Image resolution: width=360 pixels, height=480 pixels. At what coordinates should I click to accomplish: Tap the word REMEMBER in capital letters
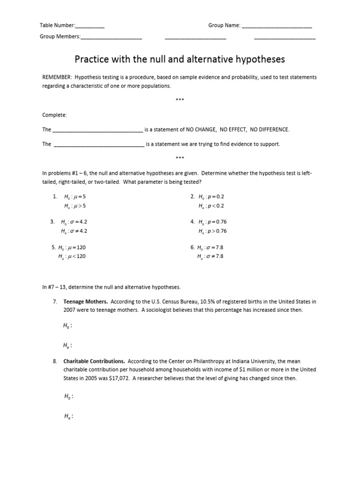pos(57,77)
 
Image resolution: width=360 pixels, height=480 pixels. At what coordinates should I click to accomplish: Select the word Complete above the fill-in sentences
pos(55,115)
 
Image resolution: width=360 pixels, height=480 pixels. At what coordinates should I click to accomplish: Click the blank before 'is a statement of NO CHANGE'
pos(97,130)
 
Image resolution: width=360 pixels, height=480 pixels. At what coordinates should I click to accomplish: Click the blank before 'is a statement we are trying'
pos(99,144)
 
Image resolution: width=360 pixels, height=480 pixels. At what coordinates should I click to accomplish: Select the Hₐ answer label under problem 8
pos(68,416)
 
